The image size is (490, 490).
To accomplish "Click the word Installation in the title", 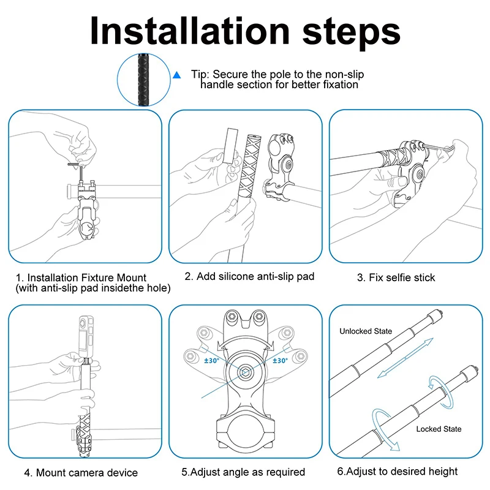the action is tap(190, 31).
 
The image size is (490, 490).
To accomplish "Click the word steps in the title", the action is tap(351, 33).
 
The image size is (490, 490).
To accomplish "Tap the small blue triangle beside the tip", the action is tap(177, 75).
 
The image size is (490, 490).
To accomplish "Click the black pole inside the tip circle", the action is tap(143, 80).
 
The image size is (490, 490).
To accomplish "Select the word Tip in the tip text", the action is tap(198, 75).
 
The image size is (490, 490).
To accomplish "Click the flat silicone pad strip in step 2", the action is tap(230, 146).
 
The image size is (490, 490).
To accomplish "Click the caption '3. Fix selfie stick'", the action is tap(396, 277).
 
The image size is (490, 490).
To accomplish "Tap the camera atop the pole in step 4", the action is tap(86, 337).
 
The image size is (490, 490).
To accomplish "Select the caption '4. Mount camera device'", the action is tap(81, 472).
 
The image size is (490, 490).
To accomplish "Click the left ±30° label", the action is tap(211, 361).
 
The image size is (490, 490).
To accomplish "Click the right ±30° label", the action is tap(280, 361).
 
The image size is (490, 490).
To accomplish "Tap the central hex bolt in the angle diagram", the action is tap(244, 372).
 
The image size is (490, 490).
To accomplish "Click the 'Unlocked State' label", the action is tap(366, 331).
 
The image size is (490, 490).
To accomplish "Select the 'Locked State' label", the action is tap(439, 429).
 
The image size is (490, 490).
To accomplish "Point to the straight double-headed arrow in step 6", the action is tap(405, 358).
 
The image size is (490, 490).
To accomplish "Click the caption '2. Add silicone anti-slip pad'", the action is tap(249, 276).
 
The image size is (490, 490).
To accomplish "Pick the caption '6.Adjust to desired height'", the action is tap(398, 471).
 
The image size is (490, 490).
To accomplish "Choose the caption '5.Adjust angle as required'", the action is tap(243, 472).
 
